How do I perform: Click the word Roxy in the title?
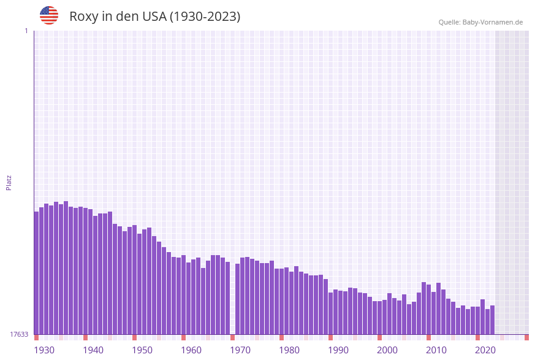83,17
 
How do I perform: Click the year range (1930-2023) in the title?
205,17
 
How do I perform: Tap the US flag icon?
49,15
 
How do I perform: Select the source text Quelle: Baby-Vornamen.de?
480,23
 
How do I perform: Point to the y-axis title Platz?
9,182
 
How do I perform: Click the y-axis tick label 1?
26,31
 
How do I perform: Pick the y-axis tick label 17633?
19,334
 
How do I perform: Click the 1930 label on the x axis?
44,350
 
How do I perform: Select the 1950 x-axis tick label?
142,350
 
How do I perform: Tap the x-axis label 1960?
191,350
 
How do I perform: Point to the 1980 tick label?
289,350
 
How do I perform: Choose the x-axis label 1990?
338,350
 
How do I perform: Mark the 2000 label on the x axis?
387,350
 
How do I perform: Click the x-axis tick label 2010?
436,350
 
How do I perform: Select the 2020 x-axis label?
485,350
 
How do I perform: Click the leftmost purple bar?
36,273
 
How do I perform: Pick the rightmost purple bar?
492,320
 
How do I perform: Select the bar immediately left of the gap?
227,298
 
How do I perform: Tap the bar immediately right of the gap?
237,299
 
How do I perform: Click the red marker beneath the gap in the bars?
232,337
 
